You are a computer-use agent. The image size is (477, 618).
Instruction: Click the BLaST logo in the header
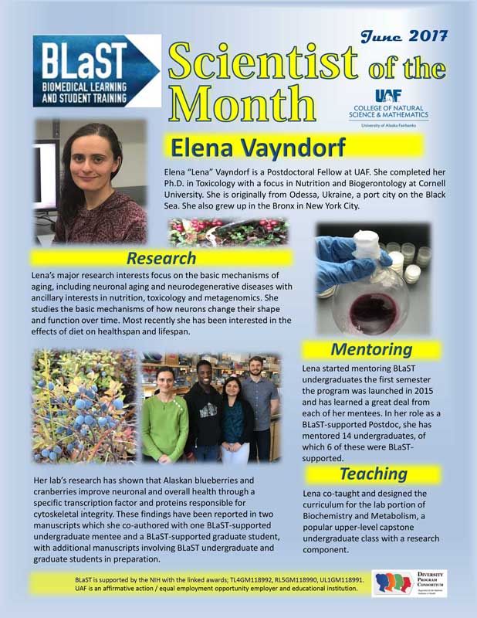(x=96, y=70)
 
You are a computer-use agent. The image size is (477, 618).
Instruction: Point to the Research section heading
(x=161, y=257)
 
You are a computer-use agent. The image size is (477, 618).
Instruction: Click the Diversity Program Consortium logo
(x=408, y=583)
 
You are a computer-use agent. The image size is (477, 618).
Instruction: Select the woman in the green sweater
(x=164, y=417)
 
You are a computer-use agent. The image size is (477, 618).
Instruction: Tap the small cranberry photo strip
(x=228, y=231)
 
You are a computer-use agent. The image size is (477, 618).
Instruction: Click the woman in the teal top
(x=234, y=425)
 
